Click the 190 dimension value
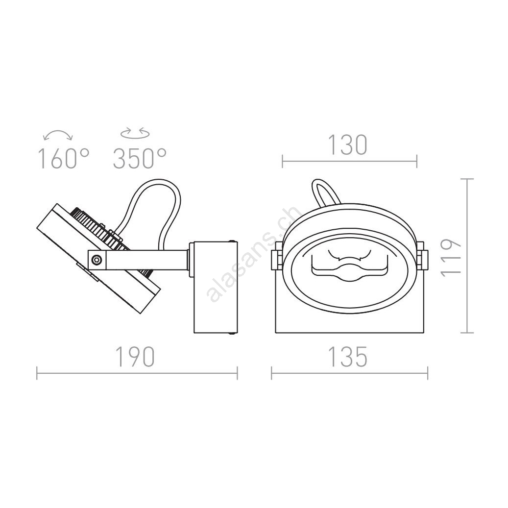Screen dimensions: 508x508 pos(135,357)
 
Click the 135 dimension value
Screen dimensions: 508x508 pos(348,357)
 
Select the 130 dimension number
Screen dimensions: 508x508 pos(348,145)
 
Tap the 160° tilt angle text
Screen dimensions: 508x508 pos(64,158)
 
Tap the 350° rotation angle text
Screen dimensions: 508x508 pos(140,158)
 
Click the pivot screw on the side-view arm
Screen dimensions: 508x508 pos(97,260)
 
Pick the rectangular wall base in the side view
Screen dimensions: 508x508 pos(216,287)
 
